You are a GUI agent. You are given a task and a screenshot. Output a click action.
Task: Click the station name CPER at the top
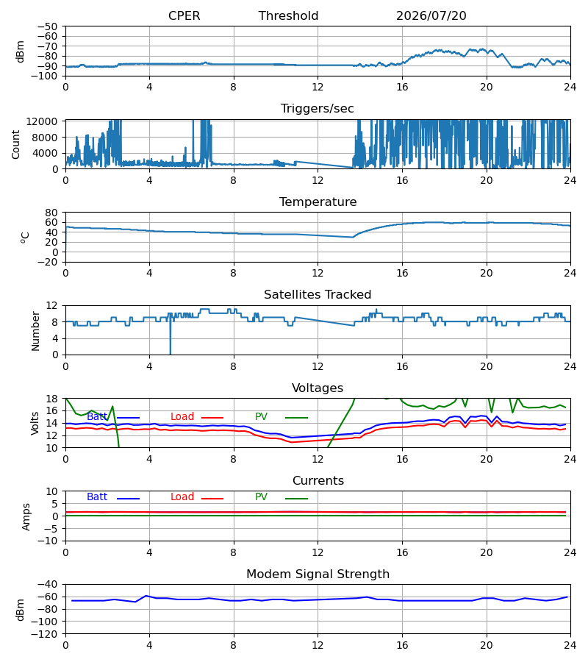tap(184, 16)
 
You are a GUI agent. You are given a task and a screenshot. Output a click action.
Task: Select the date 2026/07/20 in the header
tap(431, 16)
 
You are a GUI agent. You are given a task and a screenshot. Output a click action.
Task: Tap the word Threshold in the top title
tap(289, 16)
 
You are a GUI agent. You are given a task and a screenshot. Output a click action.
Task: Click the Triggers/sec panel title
tap(318, 109)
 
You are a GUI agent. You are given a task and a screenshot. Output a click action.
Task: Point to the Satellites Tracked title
tap(318, 295)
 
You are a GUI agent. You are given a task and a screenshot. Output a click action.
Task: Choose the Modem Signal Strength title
tap(318, 574)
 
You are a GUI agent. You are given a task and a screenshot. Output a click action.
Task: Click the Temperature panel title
tap(318, 202)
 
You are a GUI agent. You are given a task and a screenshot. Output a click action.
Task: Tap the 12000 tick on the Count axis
tap(42, 121)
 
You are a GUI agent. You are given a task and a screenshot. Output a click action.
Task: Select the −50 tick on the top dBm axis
tap(47, 26)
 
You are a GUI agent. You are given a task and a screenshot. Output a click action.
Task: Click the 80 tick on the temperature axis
tap(51, 213)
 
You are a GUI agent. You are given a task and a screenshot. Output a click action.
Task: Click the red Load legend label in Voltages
tap(182, 417)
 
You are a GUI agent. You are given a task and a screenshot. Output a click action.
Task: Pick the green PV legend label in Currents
tap(261, 497)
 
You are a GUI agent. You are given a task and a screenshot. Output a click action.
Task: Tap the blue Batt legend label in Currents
tap(97, 497)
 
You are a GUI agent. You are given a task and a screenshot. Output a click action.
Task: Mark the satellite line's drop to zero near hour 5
tap(171, 355)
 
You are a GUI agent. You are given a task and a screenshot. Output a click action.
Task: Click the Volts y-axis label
tap(35, 423)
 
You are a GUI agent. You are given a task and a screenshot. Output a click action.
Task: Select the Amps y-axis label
tap(26, 516)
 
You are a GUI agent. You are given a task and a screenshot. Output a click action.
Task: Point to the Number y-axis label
tap(35, 332)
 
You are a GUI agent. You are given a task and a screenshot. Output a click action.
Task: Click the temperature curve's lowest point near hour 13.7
tap(353, 238)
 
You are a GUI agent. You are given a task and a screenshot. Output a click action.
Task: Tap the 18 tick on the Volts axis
tap(51, 399)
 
